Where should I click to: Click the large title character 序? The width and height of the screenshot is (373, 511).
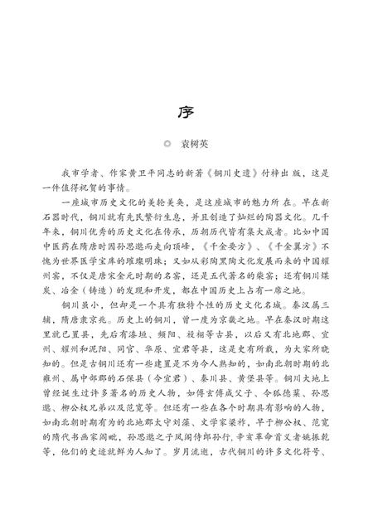(186, 110)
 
